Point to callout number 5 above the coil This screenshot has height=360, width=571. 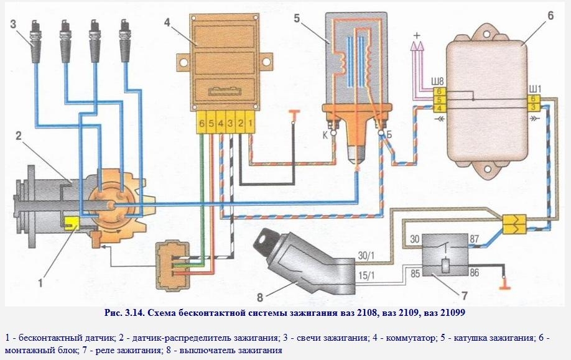(298, 18)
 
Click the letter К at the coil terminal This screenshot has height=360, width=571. (325, 134)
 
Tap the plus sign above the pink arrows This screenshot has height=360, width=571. (417, 35)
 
